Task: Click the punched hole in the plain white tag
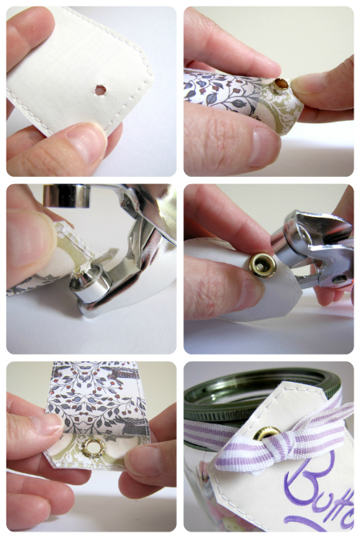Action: (x=99, y=90)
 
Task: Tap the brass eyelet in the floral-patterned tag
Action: (x=281, y=82)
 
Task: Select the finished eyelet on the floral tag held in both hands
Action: (x=94, y=448)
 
